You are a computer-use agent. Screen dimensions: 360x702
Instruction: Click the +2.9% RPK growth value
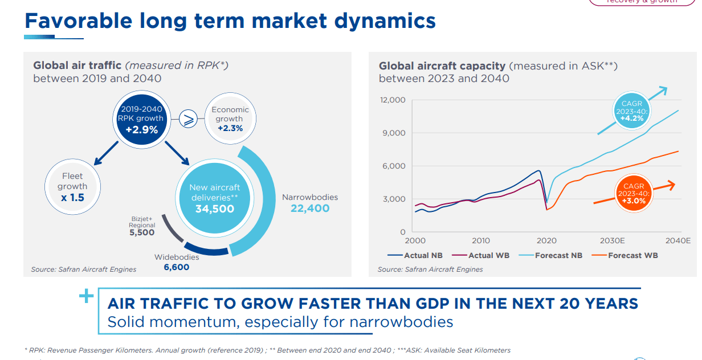tap(141, 130)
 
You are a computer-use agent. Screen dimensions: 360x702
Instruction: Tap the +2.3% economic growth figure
tap(230, 129)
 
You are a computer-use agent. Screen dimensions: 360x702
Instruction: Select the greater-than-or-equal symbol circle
tap(188, 119)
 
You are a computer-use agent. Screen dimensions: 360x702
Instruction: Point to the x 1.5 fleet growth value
tap(72, 198)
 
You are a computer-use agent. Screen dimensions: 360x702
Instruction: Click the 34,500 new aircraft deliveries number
tap(214, 209)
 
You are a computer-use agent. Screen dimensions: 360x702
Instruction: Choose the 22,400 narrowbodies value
tap(310, 208)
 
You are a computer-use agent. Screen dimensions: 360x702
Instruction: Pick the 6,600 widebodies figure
tap(176, 267)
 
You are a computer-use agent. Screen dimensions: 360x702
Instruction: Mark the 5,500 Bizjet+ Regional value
tap(141, 232)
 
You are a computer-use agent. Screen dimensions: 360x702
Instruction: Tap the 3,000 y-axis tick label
tap(394, 199)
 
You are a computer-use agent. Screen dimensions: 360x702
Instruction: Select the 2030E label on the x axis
tap(613, 241)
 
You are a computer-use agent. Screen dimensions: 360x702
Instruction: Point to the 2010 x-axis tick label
tap(480, 241)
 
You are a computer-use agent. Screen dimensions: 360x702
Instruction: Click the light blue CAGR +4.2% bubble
tap(632, 111)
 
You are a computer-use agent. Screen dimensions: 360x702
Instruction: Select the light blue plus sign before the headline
tap(86, 296)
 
